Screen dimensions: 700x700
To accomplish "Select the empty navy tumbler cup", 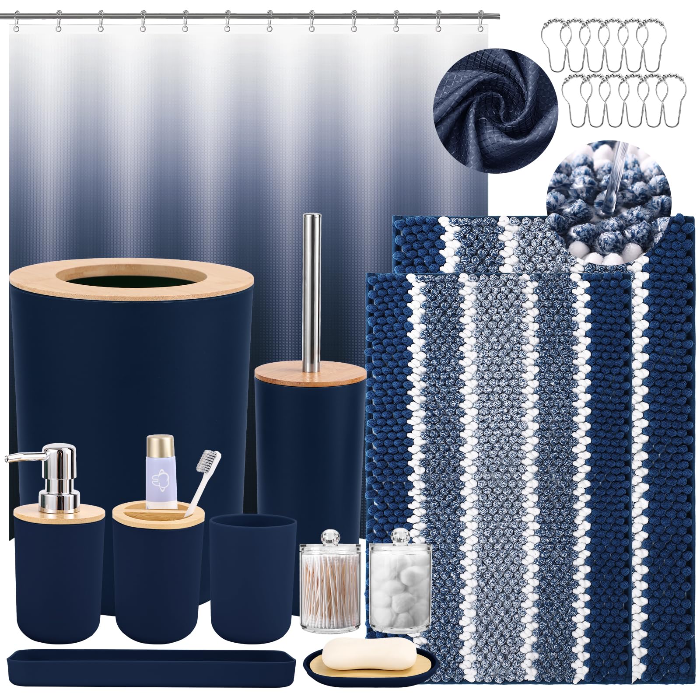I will coord(253,577).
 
